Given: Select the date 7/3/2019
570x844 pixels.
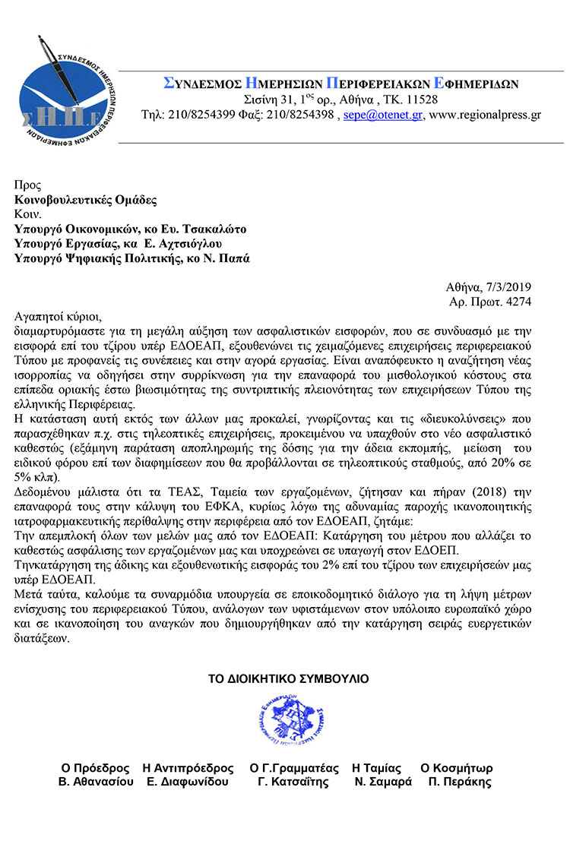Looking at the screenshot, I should tap(506, 288).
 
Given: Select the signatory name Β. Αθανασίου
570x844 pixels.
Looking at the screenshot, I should tap(96, 782).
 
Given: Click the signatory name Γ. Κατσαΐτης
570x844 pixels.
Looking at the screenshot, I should tap(293, 782).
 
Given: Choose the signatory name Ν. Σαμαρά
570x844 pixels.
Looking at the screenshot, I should tap(383, 782).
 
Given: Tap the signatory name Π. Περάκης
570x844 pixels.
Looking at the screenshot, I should tap(460, 782).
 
